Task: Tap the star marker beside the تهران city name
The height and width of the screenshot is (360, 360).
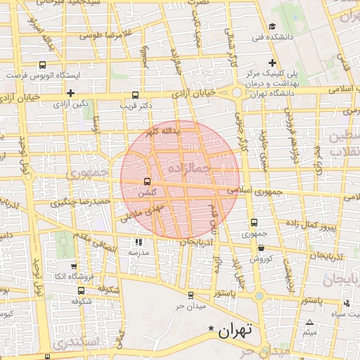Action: point(211,328)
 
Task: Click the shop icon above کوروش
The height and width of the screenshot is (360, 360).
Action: point(262,247)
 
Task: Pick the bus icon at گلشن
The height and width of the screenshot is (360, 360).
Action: point(147,181)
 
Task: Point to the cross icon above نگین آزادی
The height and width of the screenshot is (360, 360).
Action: point(70,93)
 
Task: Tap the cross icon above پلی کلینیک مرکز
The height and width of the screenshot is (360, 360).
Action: point(282,63)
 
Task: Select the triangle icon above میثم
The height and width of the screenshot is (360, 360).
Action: point(310,322)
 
